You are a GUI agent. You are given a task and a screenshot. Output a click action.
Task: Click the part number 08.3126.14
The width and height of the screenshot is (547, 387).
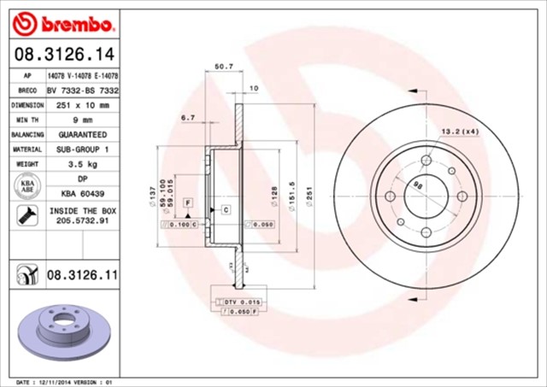click(x=64, y=55)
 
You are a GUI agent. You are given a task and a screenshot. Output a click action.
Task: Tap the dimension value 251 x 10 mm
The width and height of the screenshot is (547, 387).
click(x=82, y=104)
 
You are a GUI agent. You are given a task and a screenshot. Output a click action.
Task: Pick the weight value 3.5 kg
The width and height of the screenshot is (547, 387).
click(x=82, y=163)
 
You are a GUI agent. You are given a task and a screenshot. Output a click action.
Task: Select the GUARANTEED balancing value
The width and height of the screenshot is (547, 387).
click(x=82, y=134)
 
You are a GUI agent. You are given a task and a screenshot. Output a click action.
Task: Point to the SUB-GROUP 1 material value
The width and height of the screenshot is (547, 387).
click(x=82, y=149)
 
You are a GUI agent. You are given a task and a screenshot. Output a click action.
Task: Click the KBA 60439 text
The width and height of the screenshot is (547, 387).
click(x=82, y=193)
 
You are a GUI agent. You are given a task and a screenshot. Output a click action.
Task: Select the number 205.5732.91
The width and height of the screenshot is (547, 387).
click(x=82, y=220)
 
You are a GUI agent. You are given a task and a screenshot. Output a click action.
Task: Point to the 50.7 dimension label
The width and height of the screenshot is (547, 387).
click(x=225, y=66)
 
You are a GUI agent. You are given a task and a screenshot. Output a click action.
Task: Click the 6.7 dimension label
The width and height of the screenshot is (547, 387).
click(x=189, y=117)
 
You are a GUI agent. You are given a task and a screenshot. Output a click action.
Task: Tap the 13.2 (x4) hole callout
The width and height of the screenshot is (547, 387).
click(x=459, y=131)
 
